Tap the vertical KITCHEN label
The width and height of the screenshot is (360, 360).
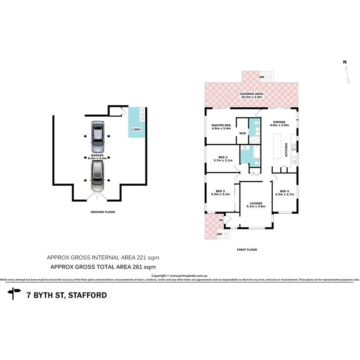[286, 149]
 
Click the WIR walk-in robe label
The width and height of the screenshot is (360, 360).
[243, 133]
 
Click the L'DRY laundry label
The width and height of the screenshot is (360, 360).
[135, 129]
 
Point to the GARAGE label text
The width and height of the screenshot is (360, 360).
[97, 155]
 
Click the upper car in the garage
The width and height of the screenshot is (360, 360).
[97, 137]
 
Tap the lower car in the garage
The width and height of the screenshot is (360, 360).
[97, 177]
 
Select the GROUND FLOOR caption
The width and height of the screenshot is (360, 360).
[103, 212]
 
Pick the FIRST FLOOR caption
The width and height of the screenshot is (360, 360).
[246, 250]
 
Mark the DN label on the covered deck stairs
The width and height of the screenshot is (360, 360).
[262, 77]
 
